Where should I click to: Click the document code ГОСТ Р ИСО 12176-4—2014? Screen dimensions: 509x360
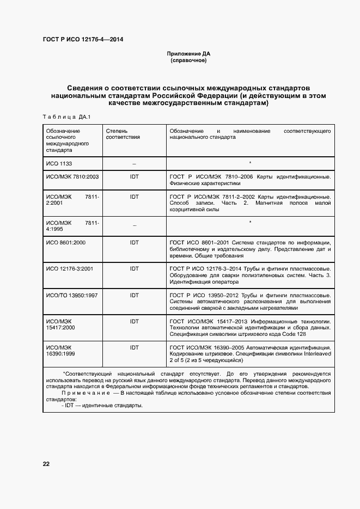click(83, 39)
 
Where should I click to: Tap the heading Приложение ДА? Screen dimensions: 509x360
click(188, 54)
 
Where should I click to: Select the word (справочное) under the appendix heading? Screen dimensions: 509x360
click(188, 60)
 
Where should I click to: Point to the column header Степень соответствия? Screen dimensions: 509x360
click(123, 134)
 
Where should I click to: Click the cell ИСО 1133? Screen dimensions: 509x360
click(59, 163)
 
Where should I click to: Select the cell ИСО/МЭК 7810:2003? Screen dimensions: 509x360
click(72, 177)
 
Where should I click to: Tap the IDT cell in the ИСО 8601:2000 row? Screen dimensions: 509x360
click(134, 241)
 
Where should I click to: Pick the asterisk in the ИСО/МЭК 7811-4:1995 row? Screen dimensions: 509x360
click(249, 222)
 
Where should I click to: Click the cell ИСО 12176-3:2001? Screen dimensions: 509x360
click(70, 268)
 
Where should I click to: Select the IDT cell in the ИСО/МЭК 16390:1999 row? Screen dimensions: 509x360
click(134, 347)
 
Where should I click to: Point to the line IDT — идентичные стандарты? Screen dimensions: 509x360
click(102, 406)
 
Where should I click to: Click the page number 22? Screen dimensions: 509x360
click(46, 464)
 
